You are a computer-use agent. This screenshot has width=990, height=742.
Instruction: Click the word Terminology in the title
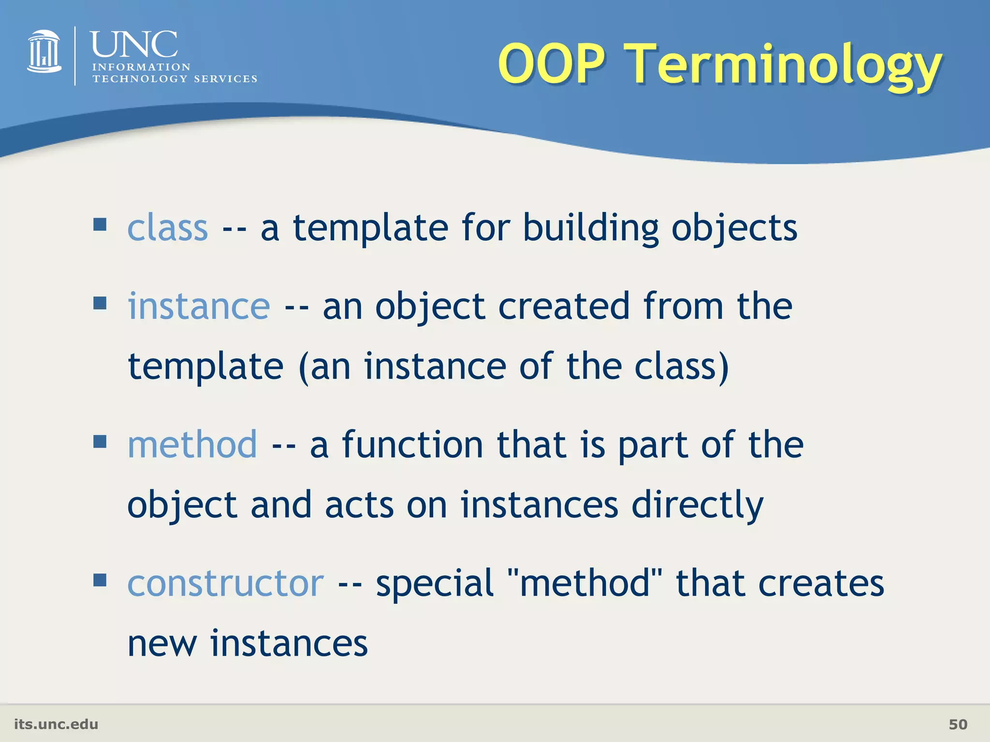click(783, 65)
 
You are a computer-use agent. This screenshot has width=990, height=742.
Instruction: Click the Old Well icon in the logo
click(44, 52)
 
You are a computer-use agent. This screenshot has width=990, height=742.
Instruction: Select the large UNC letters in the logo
click(134, 44)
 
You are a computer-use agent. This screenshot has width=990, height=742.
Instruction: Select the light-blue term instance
click(198, 306)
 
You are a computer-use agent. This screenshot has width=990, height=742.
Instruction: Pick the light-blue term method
click(192, 444)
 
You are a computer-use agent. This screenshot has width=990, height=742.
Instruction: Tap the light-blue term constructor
click(225, 583)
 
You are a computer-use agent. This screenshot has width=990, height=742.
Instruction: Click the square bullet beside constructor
click(100, 579)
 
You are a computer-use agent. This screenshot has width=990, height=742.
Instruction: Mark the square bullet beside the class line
click(100, 224)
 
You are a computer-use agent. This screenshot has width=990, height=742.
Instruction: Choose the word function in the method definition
click(412, 444)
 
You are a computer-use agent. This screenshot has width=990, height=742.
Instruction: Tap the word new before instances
click(162, 644)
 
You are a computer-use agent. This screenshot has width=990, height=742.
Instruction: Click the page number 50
click(958, 724)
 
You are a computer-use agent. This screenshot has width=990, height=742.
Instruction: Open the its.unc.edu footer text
click(56, 724)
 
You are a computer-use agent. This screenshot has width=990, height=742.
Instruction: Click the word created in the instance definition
click(564, 306)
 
